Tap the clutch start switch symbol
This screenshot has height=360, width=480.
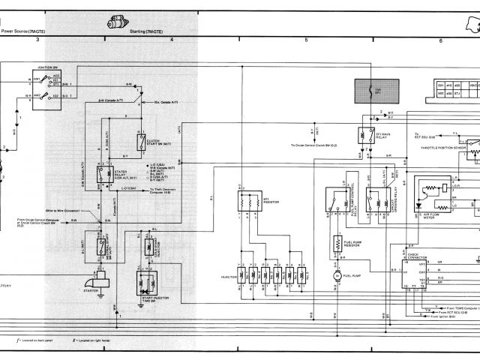pos(141,142)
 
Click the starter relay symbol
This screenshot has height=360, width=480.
pos(100,175)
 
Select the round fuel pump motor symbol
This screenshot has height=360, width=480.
pos(337,277)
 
